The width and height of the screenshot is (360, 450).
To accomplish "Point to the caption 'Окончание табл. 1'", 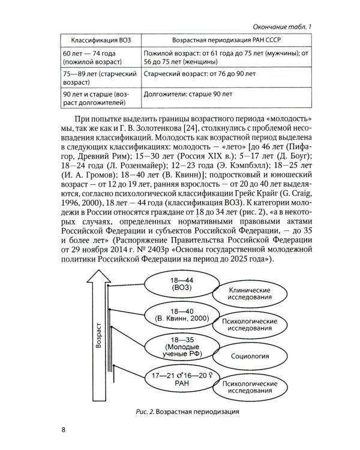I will [x=282, y=25].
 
